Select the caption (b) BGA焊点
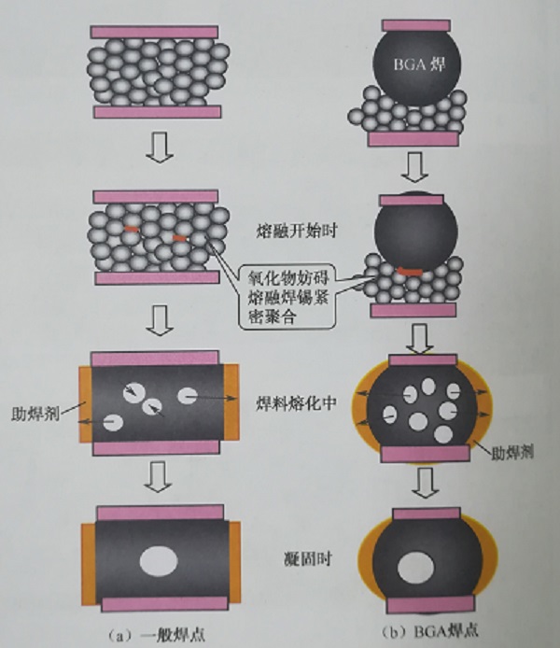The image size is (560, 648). (419, 630)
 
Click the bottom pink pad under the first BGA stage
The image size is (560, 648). (413, 138)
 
